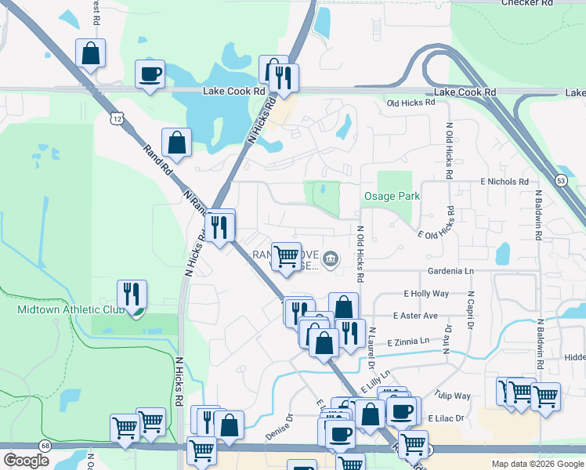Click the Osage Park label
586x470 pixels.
[x=391, y=197]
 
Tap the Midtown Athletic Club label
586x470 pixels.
[x=71, y=310]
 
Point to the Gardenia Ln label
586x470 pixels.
[x=450, y=270]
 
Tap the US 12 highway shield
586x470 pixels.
[x=117, y=118]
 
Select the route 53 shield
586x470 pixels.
[x=561, y=181]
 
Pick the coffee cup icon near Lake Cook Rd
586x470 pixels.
[x=150, y=74]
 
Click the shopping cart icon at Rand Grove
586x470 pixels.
[x=286, y=256]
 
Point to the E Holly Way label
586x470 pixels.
[x=426, y=294]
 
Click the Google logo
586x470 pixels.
[x=26, y=461]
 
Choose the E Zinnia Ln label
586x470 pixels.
[x=409, y=342]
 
